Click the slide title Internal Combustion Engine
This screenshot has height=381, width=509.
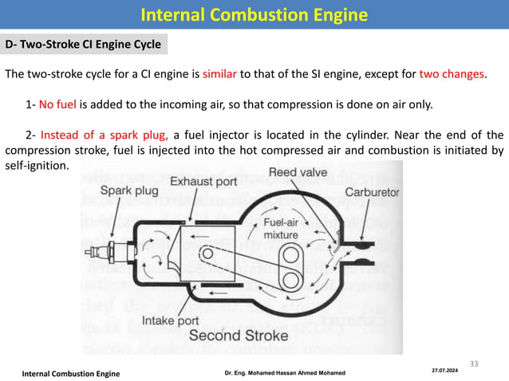pyautogui.click(x=254, y=15)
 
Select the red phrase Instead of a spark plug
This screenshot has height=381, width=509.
pyautogui.click(x=109, y=134)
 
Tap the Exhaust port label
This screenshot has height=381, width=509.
pyautogui.click(x=203, y=183)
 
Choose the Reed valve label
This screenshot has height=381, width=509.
pyautogui.click(x=296, y=172)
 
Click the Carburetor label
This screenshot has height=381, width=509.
pyautogui.click(x=372, y=192)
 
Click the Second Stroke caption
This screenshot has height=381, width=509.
pyautogui.click(x=239, y=336)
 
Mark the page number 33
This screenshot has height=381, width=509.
pyautogui.click(x=475, y=363)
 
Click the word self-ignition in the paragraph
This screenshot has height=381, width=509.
pyautogui.click(x=37, y=165)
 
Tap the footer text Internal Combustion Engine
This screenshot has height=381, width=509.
pyautogui.click(x=70, y=373)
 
